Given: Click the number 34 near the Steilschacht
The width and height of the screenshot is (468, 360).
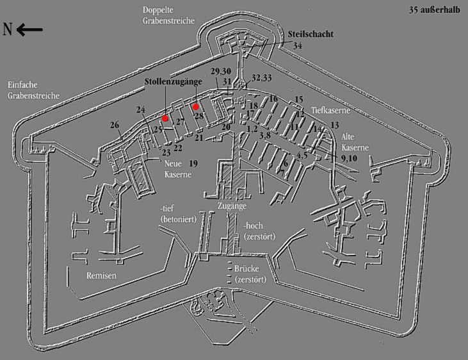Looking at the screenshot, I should (298, 45).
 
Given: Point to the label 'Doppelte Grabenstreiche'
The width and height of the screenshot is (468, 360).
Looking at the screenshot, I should (168, 14).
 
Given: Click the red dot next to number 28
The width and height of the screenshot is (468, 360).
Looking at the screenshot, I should (196, 107).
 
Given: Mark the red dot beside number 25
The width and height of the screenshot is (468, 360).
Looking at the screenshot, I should (165, 119).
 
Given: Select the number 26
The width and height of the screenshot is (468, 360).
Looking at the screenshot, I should (115, 124).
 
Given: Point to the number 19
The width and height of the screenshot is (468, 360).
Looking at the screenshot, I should (193, 164).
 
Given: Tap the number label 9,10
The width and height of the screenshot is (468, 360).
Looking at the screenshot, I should (350, 158).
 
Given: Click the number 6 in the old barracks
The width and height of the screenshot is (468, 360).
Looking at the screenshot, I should (286, 164).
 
